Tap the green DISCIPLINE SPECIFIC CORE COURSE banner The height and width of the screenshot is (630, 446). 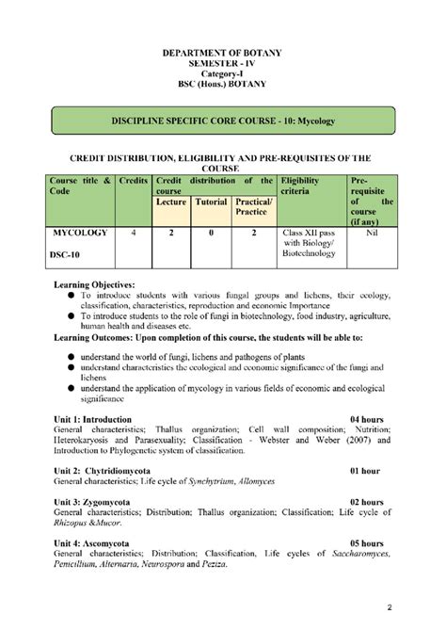pyautogui.click(x=223, y=122)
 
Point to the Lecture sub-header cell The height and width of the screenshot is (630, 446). pyautogui.click(x=170, y=202)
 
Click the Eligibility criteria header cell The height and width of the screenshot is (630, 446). pyautogui.click(x=308, y=186)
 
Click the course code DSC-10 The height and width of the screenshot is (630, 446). pyautogui.click(x=70, y=253)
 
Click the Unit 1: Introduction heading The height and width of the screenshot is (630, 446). pyautogui.click(x=92, y=418)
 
